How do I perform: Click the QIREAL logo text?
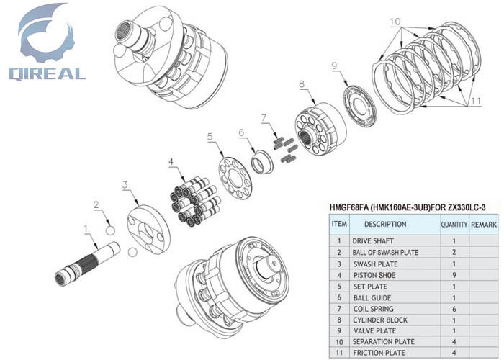tap(48, 73)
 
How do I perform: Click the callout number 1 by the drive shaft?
tap(87, 230)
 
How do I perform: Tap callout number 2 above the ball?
tap(96, 204)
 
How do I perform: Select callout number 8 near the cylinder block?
tap(301, 84)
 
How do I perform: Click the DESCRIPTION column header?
tap(380, 225)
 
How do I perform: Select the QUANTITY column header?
tap(454, 225)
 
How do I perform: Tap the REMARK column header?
tap(484, 225)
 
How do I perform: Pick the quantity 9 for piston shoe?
tap(454, 275)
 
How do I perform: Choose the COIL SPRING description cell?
tap(373, 309)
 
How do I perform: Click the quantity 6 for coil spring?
tap(454, 309)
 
